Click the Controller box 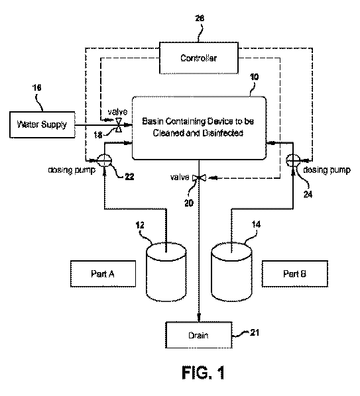[x=199, y=58]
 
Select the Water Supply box [x=42, y=124]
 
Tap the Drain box [x=199, y=335]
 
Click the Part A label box [x=103, y=273]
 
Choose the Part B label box [x=295, y=273]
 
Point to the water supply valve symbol [x=118, y=124]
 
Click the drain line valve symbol [x=199, y=178]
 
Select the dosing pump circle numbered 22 [x=104, y=161]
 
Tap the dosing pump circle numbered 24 [x=293, y=161]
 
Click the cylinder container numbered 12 [x=166, y=272]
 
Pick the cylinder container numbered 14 [x=231, y=272]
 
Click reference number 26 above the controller [x=200, y=18]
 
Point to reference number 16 [x=37, y=87]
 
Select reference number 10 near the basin [x=254, y=77]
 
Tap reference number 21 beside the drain [x=255, y=332]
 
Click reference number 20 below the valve [x=188, y=203]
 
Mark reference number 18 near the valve [x=98, y=135]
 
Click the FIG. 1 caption [x=204, y=373]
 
